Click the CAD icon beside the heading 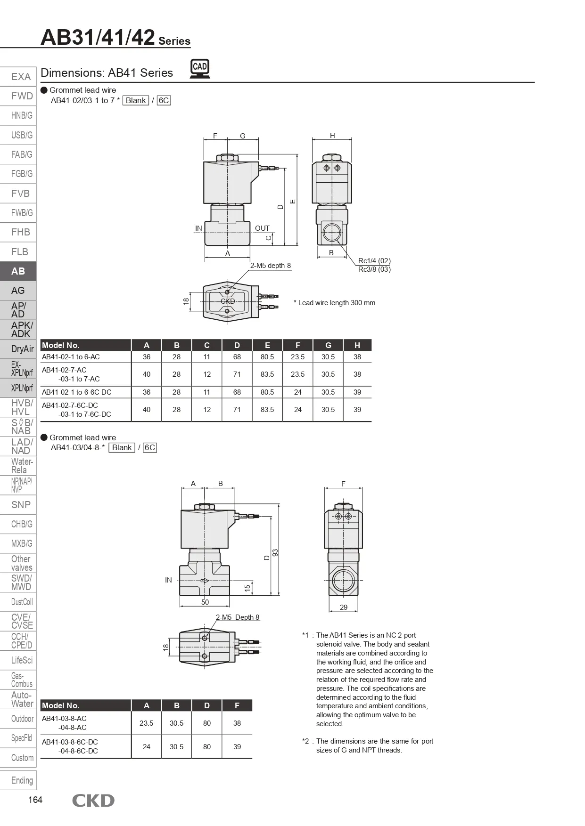[200, 69]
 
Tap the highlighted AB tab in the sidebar [18, 271]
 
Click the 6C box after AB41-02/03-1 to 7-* [164, 100]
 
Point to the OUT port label [262, 228]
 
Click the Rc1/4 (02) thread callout [374, 261]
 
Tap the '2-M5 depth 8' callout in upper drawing [270, 266]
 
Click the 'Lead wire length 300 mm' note [337, 303]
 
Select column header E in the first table [267, 345]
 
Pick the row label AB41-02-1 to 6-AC [71, 357]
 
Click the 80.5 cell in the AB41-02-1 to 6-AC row [267, 357]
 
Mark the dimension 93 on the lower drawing [276, 552]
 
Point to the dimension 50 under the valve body [205, 602]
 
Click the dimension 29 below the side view [344, 607]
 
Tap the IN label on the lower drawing [168, 580]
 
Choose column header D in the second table [207, 705]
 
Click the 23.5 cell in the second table [147, 723]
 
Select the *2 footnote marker [306, 741]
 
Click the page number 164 [35, 800]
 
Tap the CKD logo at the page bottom [93, 801]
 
